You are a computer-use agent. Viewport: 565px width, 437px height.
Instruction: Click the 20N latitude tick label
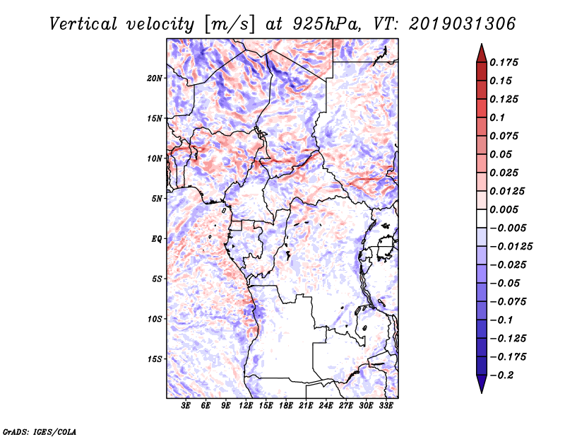[x=155, y=78]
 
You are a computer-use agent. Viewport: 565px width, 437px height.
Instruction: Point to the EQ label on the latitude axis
[x=156, y=238]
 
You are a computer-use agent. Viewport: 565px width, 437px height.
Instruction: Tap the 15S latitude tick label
[x=155, y=359]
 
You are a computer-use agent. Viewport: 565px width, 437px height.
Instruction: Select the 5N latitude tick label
[x=157, y=198]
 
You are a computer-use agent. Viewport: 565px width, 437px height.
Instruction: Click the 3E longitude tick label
[x=186, y=407]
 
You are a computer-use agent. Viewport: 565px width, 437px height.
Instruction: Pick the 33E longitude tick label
[x=386, y=407]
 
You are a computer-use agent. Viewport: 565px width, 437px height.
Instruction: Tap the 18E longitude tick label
[x=286, y=407]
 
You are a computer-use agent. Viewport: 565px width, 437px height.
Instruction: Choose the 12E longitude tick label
[x=246, y=407]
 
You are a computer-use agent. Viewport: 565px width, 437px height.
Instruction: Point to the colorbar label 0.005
[x=506, y=209]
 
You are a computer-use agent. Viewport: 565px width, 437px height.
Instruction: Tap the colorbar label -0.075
[x=509, y=301]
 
